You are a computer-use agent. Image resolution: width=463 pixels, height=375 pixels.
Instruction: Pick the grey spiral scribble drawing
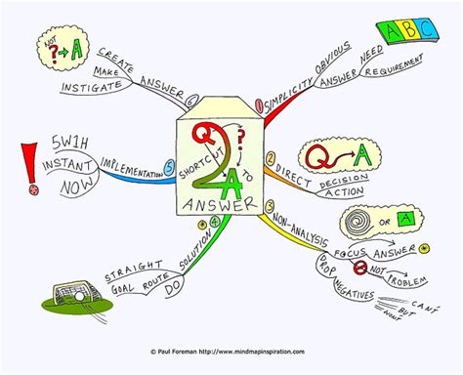380,222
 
